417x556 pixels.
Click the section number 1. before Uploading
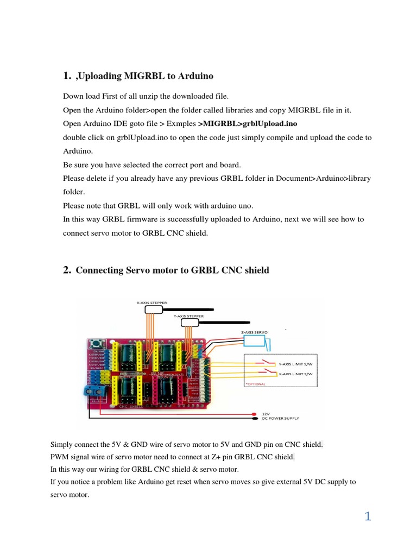pos(67,75)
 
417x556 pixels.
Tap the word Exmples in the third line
pos(183,124)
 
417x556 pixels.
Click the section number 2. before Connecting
pos(67,270)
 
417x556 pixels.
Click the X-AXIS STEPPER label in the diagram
pos(151,302)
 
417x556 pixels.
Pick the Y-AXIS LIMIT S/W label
pos(295,364)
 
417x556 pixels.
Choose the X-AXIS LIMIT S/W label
pos(295,375)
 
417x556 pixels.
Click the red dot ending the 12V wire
pos(255,413)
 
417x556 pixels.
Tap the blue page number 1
pos(368,516)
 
